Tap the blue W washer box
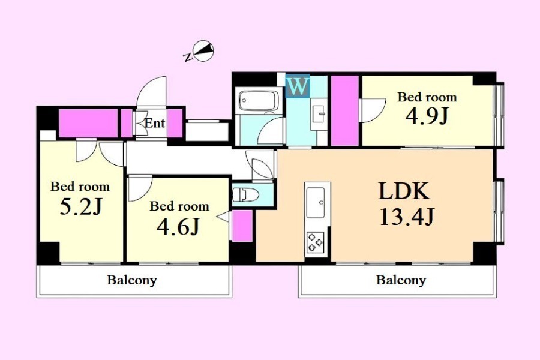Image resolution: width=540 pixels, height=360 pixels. [298, 86]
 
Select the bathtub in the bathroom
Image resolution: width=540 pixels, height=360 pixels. [259, 101]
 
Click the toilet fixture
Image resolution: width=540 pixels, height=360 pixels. [246, 194]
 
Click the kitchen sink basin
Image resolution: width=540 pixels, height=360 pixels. [316, 203]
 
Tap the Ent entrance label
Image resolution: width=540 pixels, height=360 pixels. [155, 123]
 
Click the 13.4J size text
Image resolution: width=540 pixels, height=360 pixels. [407, 217]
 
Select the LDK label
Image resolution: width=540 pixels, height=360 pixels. [404, 191]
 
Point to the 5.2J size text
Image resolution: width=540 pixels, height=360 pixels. [81, 206]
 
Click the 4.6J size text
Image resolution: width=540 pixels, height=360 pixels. [178, 227]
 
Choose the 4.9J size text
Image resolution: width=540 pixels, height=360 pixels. [427, 116]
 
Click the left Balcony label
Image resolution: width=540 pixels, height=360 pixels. [132, 280]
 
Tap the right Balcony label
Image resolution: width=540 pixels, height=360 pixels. [401, 280]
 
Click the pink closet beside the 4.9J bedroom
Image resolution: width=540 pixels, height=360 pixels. [345, 110]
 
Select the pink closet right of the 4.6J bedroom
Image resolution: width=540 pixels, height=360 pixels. [242, 226]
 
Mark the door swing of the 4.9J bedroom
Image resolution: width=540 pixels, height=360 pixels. [373, 110]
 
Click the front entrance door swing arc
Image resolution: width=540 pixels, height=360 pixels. [152, 91]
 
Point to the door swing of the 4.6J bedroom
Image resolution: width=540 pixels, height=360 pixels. [140, 188]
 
